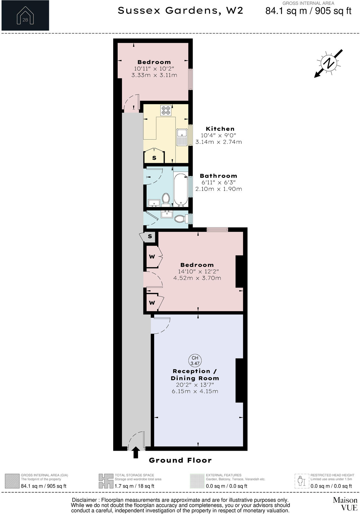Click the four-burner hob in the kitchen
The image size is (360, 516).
166,110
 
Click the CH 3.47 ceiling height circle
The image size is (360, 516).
195,360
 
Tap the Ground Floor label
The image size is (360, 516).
180,460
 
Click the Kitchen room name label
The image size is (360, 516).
220,129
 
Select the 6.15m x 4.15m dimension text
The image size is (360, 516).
195,391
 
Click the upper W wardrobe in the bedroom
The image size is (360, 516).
152,257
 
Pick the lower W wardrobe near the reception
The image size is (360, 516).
152,303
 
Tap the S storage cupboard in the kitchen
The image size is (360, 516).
154,158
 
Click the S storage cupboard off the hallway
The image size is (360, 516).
150,236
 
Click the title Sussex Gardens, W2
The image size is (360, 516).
180,11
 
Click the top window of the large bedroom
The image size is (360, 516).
217,229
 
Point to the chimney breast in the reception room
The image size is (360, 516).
239,380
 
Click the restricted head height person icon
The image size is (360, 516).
301,482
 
